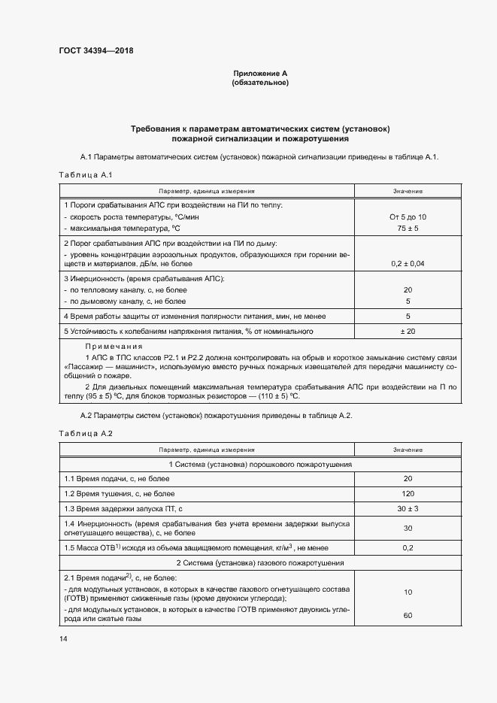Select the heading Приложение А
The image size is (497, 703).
260,73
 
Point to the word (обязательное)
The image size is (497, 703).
260,82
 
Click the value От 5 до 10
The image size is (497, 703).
408,217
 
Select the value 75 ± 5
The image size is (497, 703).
408,228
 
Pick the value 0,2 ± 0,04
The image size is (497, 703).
408,264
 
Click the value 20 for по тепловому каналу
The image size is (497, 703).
408,289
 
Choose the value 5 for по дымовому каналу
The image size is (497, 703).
408,301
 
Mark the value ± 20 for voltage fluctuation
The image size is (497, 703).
408,331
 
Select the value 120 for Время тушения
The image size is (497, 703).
408,493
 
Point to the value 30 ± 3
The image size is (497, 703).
408,508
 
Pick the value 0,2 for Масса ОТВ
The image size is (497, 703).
408,547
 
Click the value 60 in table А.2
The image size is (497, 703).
408,616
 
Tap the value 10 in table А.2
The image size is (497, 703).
408,592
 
